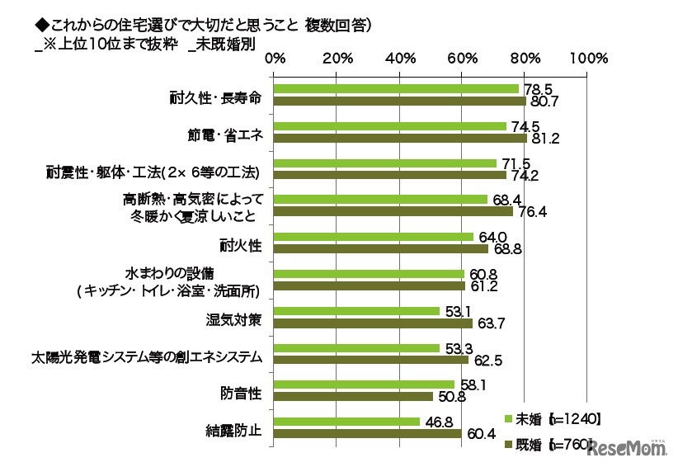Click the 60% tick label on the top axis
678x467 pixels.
[x=463, y=59]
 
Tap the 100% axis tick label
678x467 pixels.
[x=588, y=59]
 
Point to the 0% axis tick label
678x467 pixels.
[x=275, y=59]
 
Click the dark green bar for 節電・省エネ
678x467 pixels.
[x=400, y=139]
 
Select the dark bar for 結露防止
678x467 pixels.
[x=367, y=434]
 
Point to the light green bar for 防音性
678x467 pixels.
[x=365, y=384]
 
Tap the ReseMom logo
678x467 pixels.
[x=627, y=448]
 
